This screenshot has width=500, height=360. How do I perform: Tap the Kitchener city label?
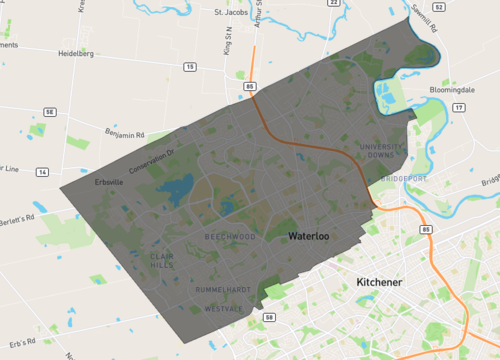379,283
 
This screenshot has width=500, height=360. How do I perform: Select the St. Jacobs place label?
231,13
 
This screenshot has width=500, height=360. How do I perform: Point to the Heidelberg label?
75,54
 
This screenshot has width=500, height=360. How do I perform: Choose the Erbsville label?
108,182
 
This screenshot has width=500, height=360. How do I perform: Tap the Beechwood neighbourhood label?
230,237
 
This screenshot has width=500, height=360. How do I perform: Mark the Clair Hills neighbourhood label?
161,260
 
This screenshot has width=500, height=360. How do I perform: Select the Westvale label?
222,308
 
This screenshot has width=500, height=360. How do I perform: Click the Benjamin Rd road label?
125,133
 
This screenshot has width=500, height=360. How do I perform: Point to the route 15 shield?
189,67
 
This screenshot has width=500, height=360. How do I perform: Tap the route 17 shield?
458,106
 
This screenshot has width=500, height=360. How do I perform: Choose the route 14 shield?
42,172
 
